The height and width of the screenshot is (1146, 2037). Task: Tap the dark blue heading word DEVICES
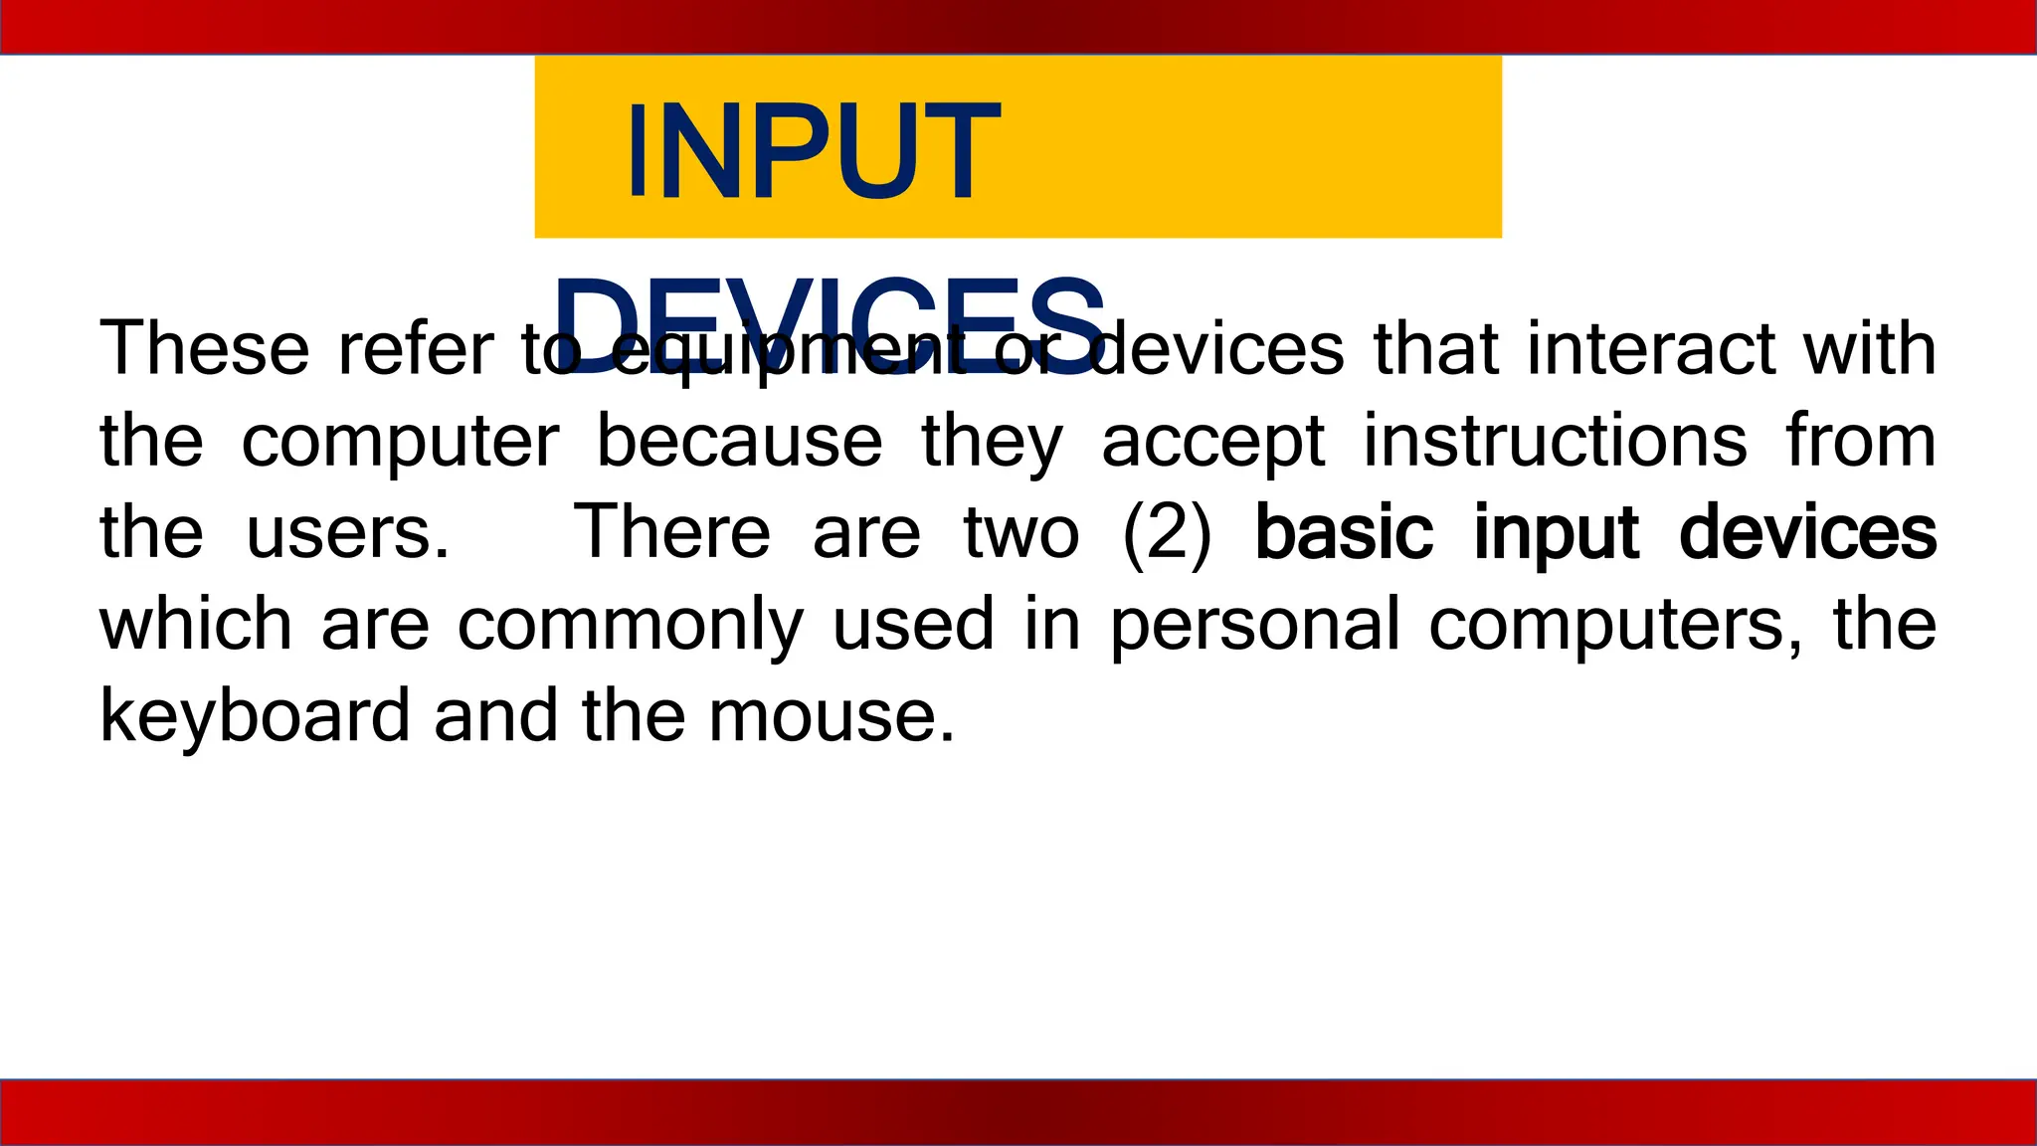click(x=830, y=324)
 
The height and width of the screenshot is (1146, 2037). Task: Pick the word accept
click(x=1212, y=443)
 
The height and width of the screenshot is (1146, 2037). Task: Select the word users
click(x=348, y=533)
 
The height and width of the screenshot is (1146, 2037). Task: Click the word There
click(x=672, y=531)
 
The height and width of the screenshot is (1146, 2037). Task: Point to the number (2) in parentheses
click(x=1167, y=533)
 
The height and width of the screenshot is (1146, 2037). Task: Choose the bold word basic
click(x=1344, y=531)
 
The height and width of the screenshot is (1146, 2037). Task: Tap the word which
click(x=196, y=624)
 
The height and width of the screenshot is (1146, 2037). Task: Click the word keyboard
click(x=255, y=716)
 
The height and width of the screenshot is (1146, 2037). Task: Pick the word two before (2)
click(x=1021, y=533)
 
